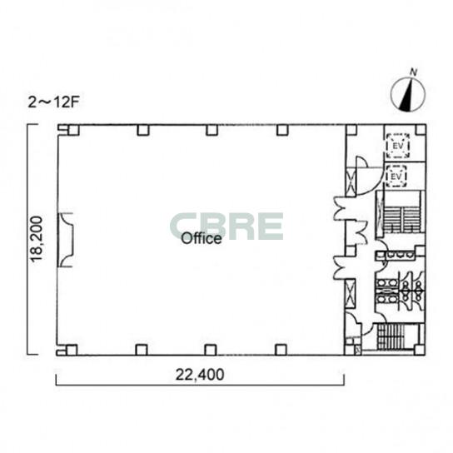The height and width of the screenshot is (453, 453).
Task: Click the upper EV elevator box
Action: (x=398, y=146)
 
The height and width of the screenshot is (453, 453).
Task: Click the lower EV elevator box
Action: (x=396, y=176)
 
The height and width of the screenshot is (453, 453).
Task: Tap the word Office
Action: (x=202, y=239)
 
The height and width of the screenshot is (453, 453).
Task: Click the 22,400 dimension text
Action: (x=200, y=375)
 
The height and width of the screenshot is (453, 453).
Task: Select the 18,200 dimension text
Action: (x=37, y=239)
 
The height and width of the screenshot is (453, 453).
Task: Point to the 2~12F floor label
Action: (x=53, y=102)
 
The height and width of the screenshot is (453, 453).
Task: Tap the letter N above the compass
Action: (x=414, y=72)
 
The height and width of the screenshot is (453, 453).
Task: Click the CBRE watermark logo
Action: (x=226, y=226)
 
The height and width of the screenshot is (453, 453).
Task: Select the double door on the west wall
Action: (x=65, y=240)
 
